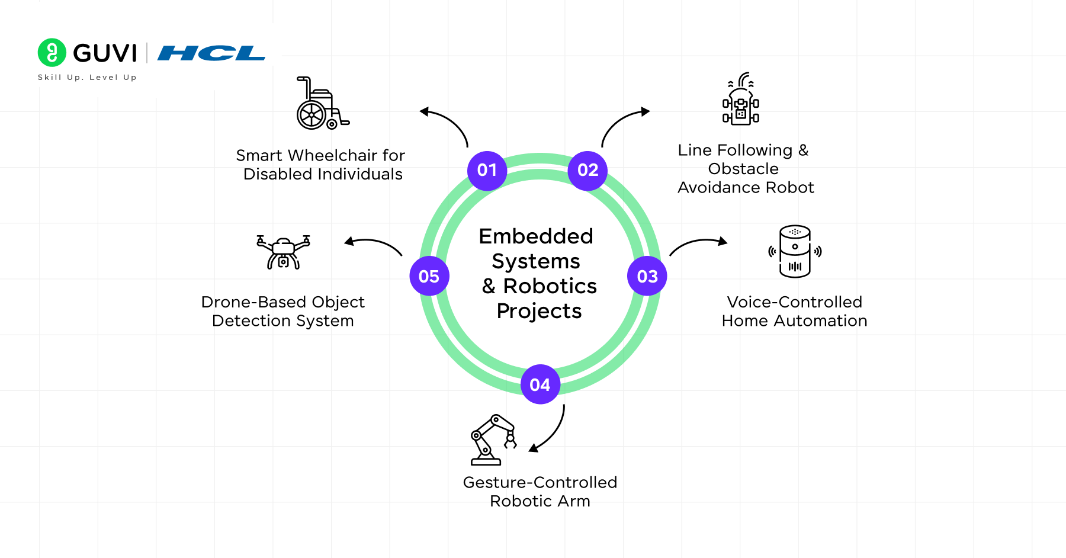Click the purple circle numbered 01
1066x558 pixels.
pos(487,171)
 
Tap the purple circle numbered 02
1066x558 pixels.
pos(587,171)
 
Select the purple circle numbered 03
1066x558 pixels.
pos(647,276)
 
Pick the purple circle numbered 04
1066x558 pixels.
pos(540,384)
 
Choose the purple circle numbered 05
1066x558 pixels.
pos(429,276)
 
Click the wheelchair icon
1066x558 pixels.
pos(322,104)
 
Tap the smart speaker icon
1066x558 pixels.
pos(795,251)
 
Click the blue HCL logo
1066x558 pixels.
pos(211,53)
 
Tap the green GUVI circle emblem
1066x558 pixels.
pos(52,53)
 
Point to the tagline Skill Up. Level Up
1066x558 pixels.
pos(87,77)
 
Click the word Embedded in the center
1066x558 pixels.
pos(536,236)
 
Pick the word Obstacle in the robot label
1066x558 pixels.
pos(743,169)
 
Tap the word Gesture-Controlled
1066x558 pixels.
pos(540,482)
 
